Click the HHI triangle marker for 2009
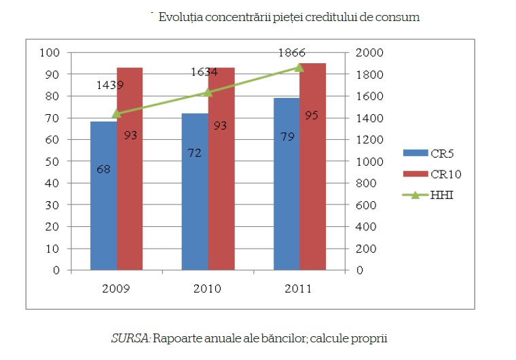117,113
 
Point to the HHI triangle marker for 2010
208,92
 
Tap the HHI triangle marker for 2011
299,67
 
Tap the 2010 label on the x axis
208,288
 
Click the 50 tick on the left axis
53,162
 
